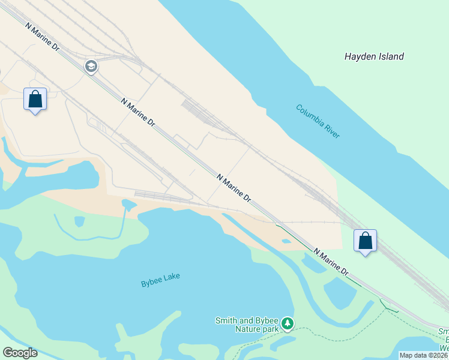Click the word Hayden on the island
360,56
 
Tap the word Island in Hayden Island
390,56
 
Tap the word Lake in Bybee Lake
172,276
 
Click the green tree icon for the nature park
288,324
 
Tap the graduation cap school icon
91,66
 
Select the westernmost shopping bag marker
35,99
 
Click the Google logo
20,353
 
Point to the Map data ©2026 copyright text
424,355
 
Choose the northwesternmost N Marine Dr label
41,37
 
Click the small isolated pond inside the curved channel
79,221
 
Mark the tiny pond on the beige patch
286,241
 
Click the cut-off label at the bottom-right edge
444,340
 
